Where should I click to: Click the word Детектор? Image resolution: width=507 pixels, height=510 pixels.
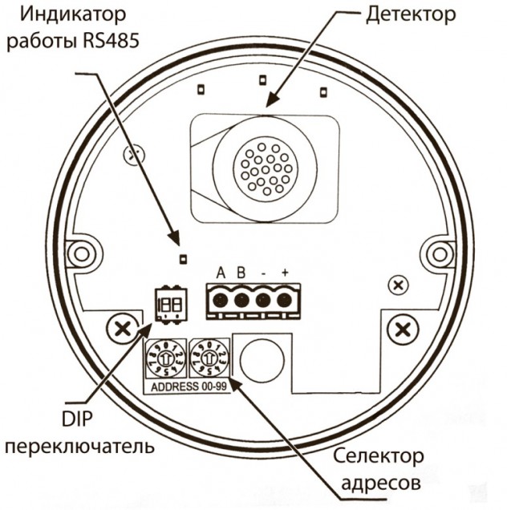click(410, 14)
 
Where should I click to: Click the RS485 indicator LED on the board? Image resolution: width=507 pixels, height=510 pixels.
click(182, 258)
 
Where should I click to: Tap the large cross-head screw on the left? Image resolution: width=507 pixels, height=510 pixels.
click(121, 327)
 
